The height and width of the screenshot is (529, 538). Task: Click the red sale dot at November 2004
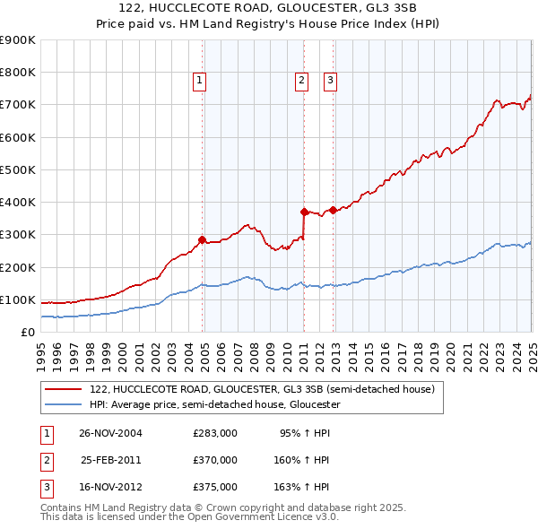(202, 239)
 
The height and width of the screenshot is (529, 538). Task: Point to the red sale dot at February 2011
(304, 212)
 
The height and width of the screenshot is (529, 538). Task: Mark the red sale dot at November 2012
(333, 210)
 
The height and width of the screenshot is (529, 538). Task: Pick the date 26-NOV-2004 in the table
(111, 433)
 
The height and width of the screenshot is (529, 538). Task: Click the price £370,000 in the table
(215, 460)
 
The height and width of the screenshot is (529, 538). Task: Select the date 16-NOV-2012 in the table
(111, 487)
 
